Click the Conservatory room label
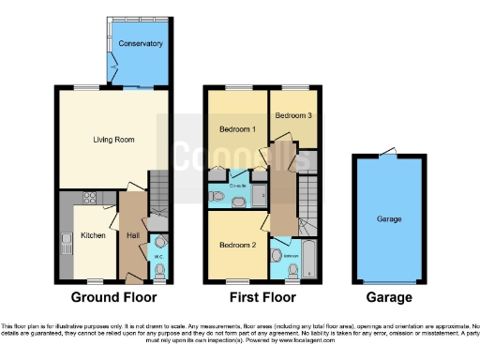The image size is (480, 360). (141, 44)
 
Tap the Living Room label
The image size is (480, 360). (113, 140)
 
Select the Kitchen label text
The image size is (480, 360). (93, 234)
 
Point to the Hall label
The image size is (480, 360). (131, 234)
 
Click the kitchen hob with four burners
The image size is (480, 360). (92, 198)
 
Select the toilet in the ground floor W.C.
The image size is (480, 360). (159, 270)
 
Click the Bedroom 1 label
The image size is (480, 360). (238, 128)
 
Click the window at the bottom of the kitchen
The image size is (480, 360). (93, 280)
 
